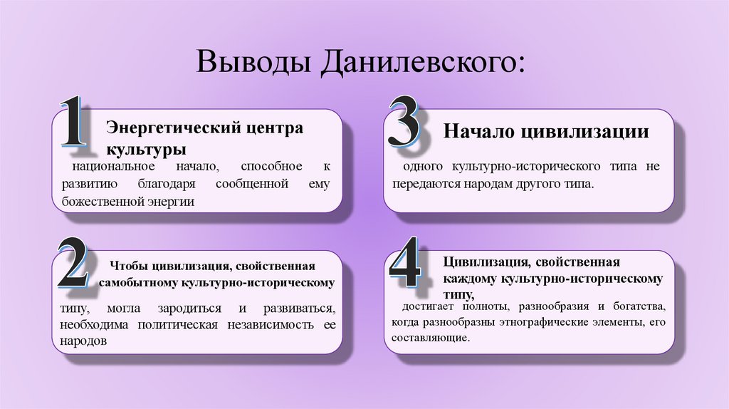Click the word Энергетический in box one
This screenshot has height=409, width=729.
(167, 129)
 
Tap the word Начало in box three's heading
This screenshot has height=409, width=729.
(478, 131)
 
